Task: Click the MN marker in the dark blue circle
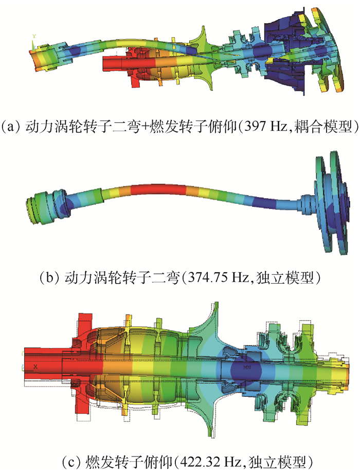pos(247,368)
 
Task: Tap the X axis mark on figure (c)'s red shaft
pos(35,366)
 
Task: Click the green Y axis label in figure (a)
pos(34,36)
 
